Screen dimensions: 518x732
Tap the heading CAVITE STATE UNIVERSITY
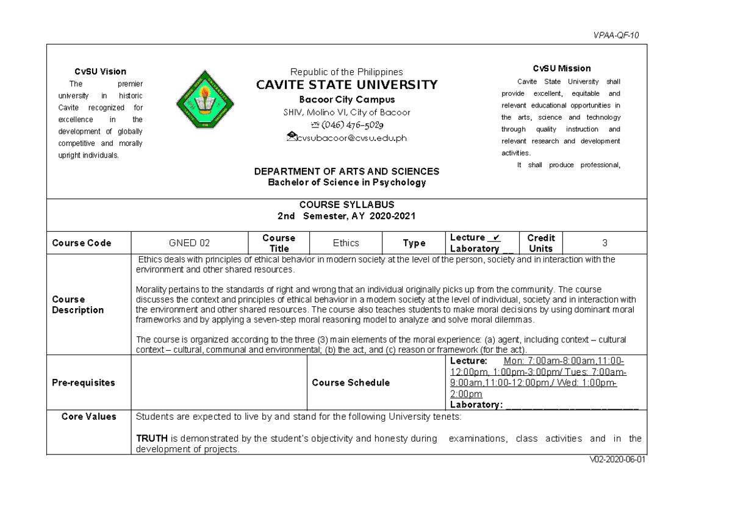coord(346,85)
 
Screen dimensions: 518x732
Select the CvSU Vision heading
coord(97,71)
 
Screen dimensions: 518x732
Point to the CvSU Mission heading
coord(561,68)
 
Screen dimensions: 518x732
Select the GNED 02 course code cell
coord(189,243)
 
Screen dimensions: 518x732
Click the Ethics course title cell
coord(345,243)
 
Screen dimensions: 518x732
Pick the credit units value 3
coord(605,243)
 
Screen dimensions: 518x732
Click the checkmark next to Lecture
coord(496,237)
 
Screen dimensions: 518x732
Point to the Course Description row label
coord(77,304)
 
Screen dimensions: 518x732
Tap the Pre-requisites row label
coord(83,383)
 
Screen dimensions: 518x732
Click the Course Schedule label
coord(350,383)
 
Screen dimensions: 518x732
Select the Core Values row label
coord(88,417)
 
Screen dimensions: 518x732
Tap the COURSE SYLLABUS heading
coord(346,205)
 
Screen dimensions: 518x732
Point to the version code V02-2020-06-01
coord(614,461)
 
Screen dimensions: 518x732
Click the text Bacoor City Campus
coord(346,99)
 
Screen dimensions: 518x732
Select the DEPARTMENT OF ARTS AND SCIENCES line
coord(346,171)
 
